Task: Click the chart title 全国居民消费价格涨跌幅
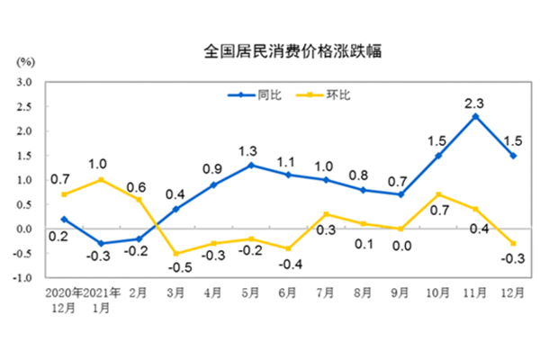tap(281, 51)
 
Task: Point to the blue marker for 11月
tap(475, 116)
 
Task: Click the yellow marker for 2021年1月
tap(100, 179)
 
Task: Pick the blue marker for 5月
tap(250, 165)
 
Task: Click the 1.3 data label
tap(250, 148)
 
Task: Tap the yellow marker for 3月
tap(175, 253)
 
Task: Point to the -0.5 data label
tap(175, 268)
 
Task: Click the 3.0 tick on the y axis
tap(24, 82)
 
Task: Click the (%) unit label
tap(25, 62)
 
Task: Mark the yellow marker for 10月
tap(437, 194)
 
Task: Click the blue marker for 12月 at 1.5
tap(513, 155)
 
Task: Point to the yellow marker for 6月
tap(288, 248)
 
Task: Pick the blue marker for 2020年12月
tap(63, 219)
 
